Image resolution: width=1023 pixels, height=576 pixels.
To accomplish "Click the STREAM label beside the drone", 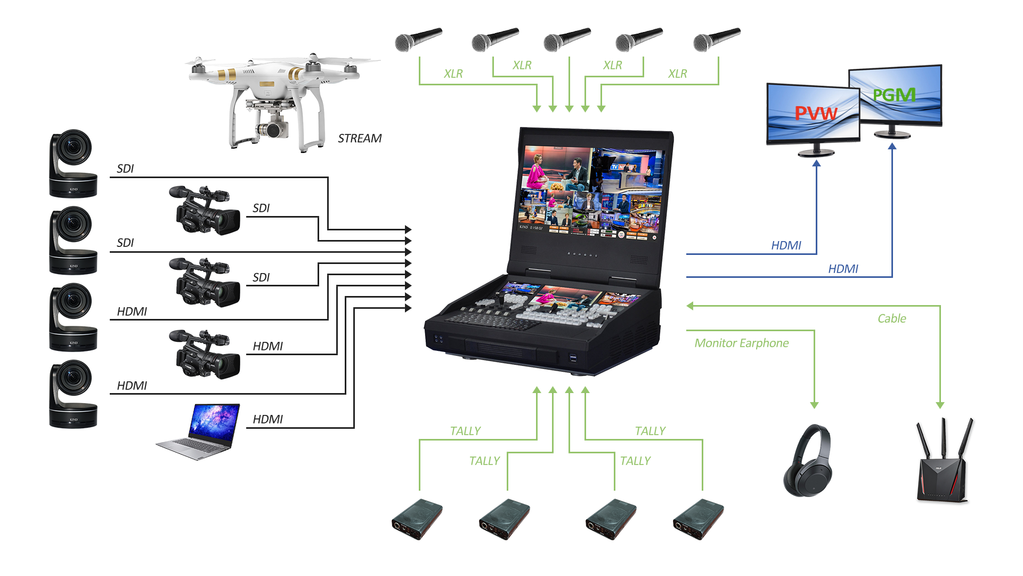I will [x=360, y=139].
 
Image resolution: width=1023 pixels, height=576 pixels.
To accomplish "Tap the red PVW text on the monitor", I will [x=815, y=113].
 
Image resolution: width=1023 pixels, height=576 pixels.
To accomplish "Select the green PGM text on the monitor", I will [x=894, y=95].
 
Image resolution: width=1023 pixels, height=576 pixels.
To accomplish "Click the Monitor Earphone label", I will [x=742, y=343].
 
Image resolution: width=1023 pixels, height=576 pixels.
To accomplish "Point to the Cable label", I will [x=891, y=318].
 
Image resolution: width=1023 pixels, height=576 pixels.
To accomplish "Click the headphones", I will [x=807, y=460].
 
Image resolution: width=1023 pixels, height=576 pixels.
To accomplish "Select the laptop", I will [x=198, y=432].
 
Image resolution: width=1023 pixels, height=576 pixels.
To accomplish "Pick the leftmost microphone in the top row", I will [x=418, y=40].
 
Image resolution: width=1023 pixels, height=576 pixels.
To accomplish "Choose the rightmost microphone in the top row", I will [x=716, y=40].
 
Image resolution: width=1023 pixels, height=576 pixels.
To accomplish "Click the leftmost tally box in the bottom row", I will [x=417, y=519].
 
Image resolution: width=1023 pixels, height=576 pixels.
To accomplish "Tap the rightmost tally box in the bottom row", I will [x=698, y=519].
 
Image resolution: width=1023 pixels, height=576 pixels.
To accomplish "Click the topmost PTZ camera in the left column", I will [x=73, y=163].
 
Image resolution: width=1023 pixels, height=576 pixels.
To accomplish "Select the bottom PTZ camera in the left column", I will [x=73, y=394].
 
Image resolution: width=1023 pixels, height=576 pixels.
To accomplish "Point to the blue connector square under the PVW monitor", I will [x=816, y=163].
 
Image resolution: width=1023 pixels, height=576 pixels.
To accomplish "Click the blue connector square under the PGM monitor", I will [x=892, y=146].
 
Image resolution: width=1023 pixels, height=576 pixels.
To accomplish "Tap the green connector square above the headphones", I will [x=814, y=406].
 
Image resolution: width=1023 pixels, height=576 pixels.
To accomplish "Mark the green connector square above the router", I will [x=940, y=406].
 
